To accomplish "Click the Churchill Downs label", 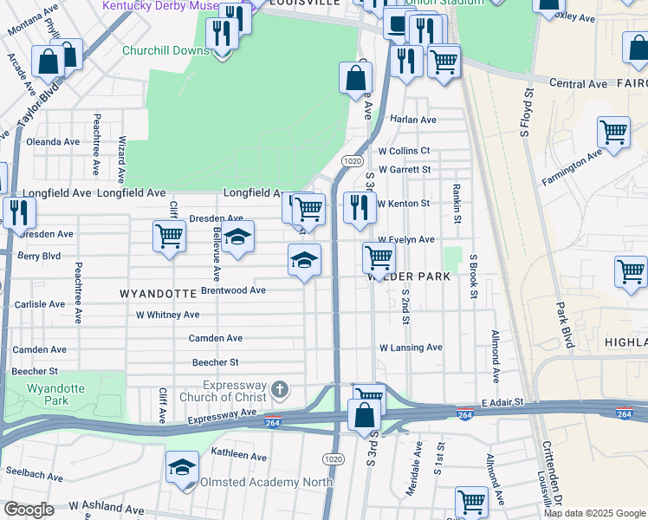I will click(x=165, y=50).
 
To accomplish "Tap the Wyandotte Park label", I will click(x=56, y=394).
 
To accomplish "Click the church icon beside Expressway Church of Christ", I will click(x=279, y=389).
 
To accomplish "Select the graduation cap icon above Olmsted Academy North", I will click(x=182, y=468).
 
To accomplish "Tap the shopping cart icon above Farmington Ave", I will click(x=613, y=133).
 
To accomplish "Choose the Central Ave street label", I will click(x=578, y=84).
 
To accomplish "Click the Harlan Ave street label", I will click(x=413, y=120).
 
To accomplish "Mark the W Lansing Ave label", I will click(x=411, y=348).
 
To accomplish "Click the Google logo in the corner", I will click(x=29, y=510).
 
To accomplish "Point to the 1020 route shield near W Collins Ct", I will click(x=352, y=161).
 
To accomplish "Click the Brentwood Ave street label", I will click(x=233, y=290).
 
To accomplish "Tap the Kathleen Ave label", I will click(x=243, y=453).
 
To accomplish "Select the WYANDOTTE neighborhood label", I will click(x=157, y=294).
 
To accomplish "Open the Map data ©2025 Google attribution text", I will click(x=594, y=513).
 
